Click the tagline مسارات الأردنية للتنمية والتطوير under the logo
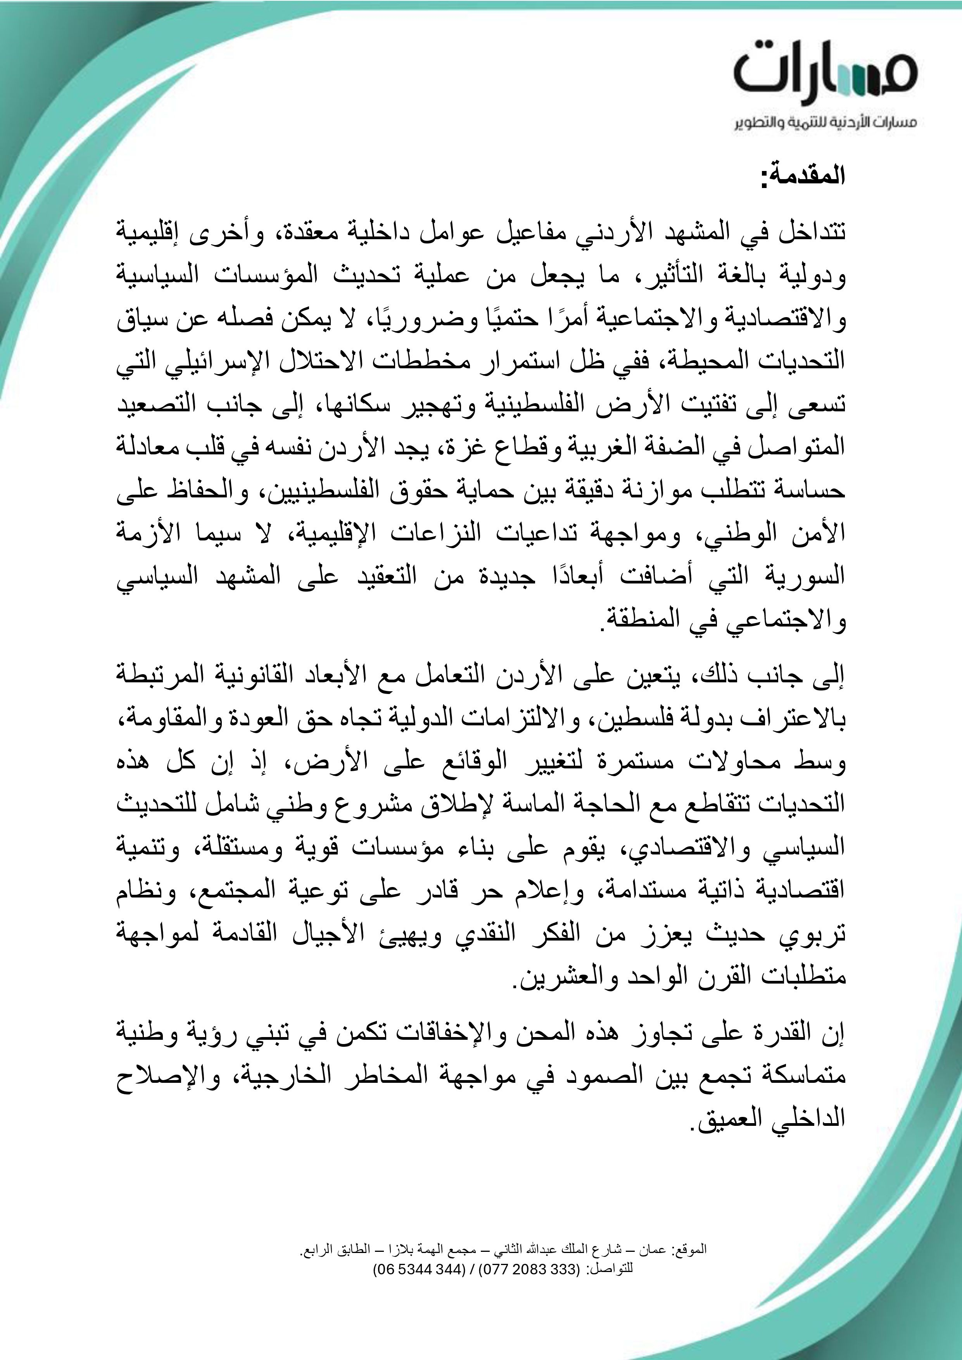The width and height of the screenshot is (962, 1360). (x=826, y=123)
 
